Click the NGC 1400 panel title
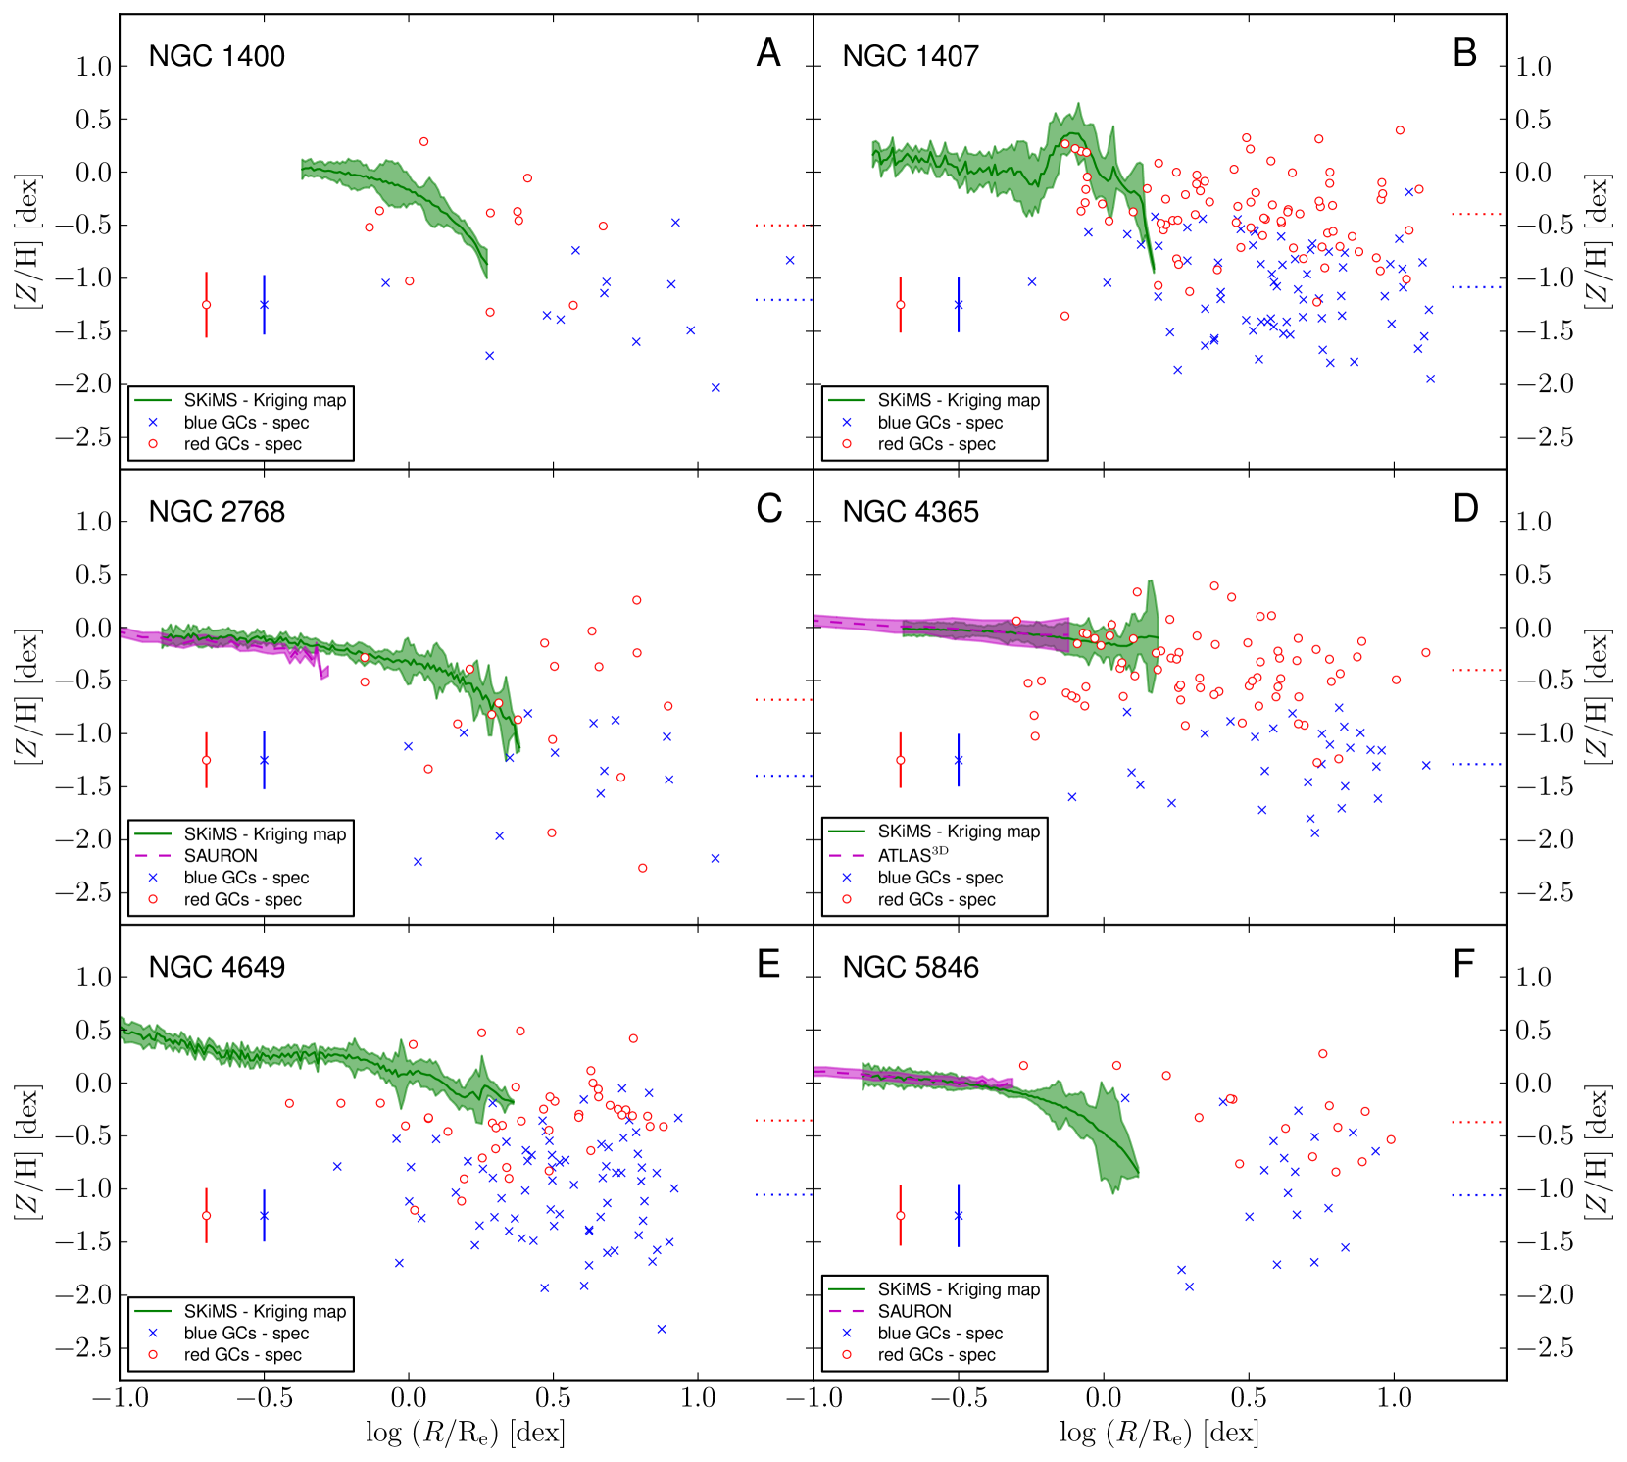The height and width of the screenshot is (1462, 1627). [x=217, y=56]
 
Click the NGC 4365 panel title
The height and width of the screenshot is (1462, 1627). [x=911, y=512]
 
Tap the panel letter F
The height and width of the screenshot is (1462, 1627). [x=1463, y=965]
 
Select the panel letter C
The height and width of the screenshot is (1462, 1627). [x=769, y=509]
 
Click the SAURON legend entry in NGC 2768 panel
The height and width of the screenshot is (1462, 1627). [x=221, y=856]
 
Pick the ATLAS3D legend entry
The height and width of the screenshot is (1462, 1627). [x=912, y=855]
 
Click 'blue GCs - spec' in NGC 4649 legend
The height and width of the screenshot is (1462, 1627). [x=246, y=1334]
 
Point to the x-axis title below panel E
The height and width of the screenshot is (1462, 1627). [x=466, y=1433]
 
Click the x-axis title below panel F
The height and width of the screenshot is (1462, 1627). [x=1159, y=1433]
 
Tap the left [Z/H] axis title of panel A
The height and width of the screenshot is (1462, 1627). [x=26, y=241]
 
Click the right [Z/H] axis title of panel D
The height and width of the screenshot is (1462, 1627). [x=1598, y=696]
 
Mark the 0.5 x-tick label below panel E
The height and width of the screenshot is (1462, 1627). [x=553, y=1397]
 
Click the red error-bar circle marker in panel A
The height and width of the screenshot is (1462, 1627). [x=206, y=305]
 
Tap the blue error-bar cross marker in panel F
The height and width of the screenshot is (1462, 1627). [x=959, y=1216]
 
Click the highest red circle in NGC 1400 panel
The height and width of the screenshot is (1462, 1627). [x=423, y=141]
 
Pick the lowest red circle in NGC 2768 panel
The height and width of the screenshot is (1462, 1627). [x=642, y=868]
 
